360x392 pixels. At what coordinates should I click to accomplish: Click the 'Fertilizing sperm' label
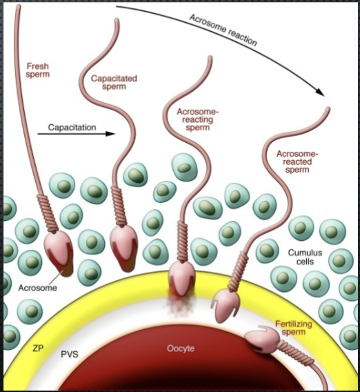[299, 328]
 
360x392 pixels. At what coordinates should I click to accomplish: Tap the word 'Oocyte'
[180, 349]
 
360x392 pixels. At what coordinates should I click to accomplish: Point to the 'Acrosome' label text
[37, 288]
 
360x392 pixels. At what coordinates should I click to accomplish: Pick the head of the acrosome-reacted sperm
[228, 302]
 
